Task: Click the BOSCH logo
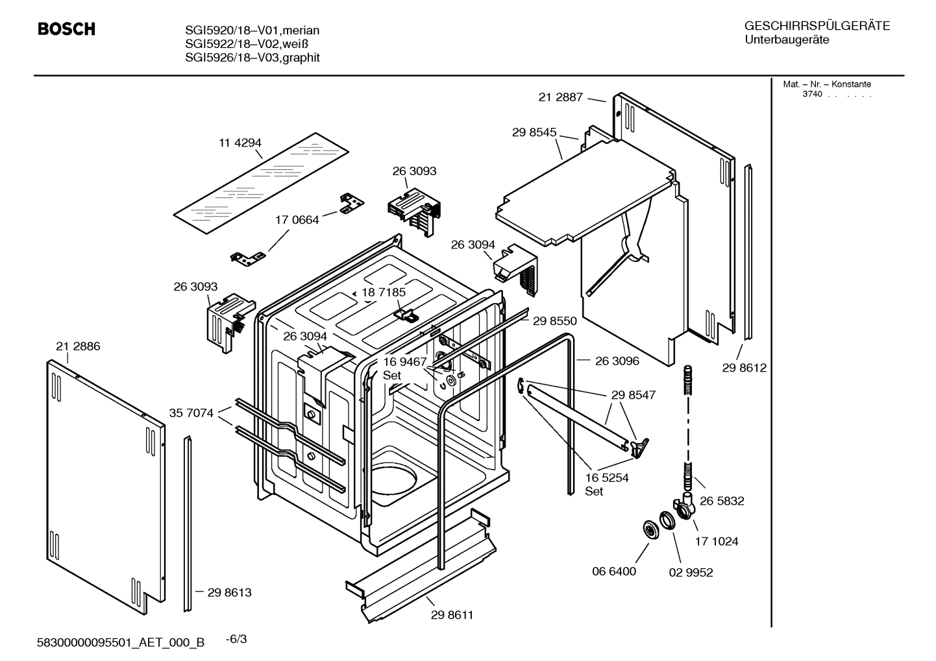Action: point(66,29)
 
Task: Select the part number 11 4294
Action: point(240,143)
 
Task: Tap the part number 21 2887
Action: point(560,97)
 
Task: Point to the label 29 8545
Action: point(534,132)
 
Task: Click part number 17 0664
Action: point(297,220)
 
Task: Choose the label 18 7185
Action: point(384,293)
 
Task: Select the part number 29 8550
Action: point(555,320)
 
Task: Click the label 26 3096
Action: point(617,361)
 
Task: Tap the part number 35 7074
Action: point(191,413)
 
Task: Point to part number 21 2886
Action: point(78,346)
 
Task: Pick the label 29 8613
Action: point(229,592)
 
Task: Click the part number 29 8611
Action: point(452,615)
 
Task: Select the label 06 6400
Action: point(613,571)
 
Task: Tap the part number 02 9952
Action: point(691,572)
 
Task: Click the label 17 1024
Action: point(717,541)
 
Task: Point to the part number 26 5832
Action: point(722,501)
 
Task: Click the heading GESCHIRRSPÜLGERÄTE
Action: point(817,26)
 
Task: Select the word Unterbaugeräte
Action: point(786,40)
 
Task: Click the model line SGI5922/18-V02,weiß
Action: point(246,44)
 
